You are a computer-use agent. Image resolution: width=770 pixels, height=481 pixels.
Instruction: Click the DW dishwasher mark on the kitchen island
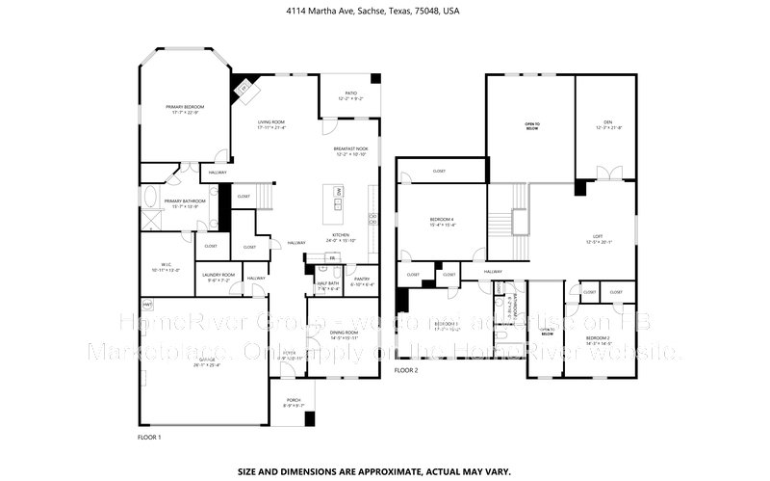tap(339, 192)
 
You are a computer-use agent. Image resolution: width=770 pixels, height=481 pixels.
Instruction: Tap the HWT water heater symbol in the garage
tap(147, 304)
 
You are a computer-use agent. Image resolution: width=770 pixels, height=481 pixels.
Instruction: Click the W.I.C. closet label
tap(167, 268)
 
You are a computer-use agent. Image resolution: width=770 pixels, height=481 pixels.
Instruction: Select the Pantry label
tap(362, 281)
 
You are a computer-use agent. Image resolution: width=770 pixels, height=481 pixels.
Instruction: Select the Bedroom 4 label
tap(442, 222)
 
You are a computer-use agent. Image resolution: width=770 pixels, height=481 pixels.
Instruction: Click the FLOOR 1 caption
tap(149, 438)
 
